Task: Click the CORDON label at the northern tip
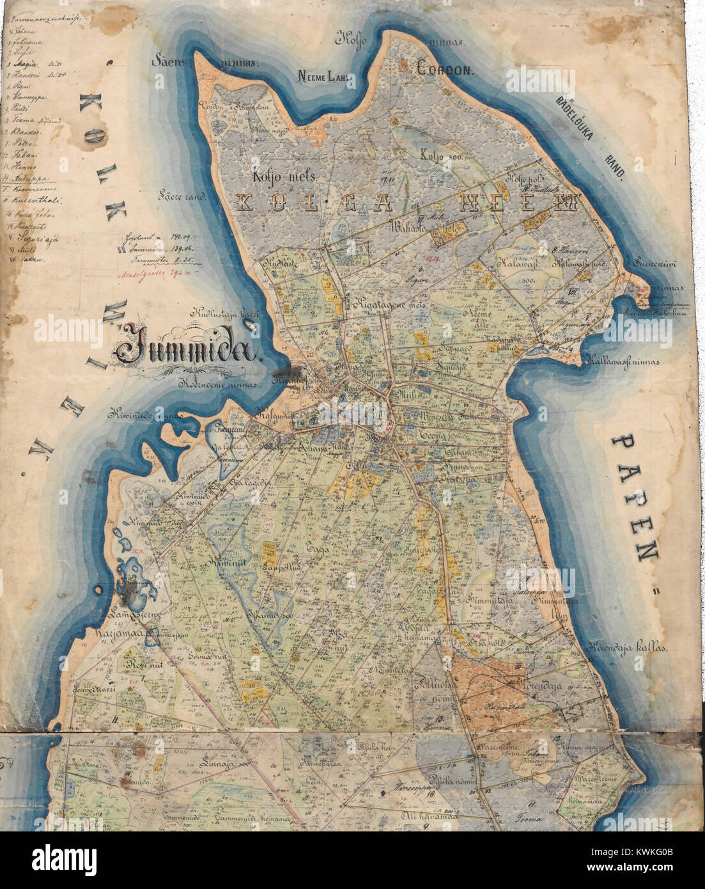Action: click(445, 69)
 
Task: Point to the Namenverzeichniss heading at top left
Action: click(35, 20)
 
